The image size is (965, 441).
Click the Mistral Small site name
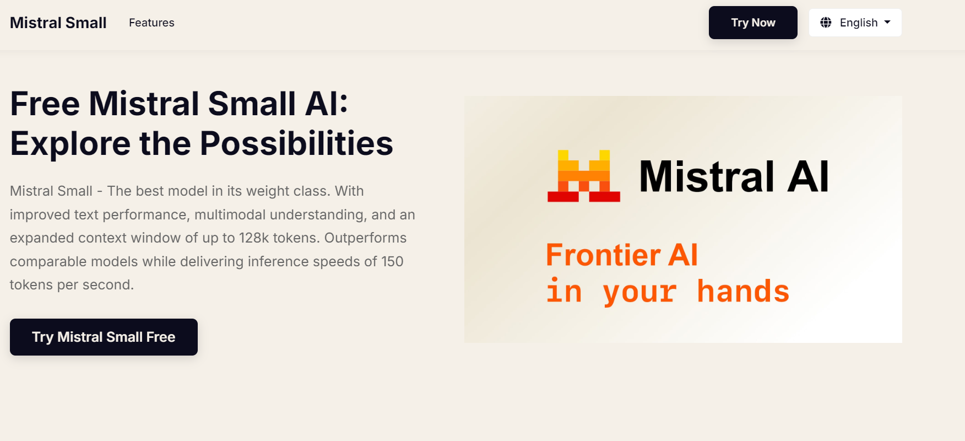click(x=58, y=23)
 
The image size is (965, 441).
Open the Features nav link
click(x=151, y=23)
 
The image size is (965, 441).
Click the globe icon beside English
click(x=826, y=23)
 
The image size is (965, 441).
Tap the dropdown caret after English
click(x=887, y=22)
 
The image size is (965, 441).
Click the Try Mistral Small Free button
click(x=104, y=337)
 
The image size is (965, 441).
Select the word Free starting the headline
click(x=45, y=104)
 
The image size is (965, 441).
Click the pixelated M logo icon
click(x=584, y=176)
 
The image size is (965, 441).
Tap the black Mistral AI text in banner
click(x=734, y=176)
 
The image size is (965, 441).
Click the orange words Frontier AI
click(x=622, y=255)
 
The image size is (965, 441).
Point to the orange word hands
click(x=743, y=291)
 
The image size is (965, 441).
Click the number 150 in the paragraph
click(x=392, y=261)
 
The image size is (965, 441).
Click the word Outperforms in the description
click(x=365, y=238)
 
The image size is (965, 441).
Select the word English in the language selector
click(x=859, y=23)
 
